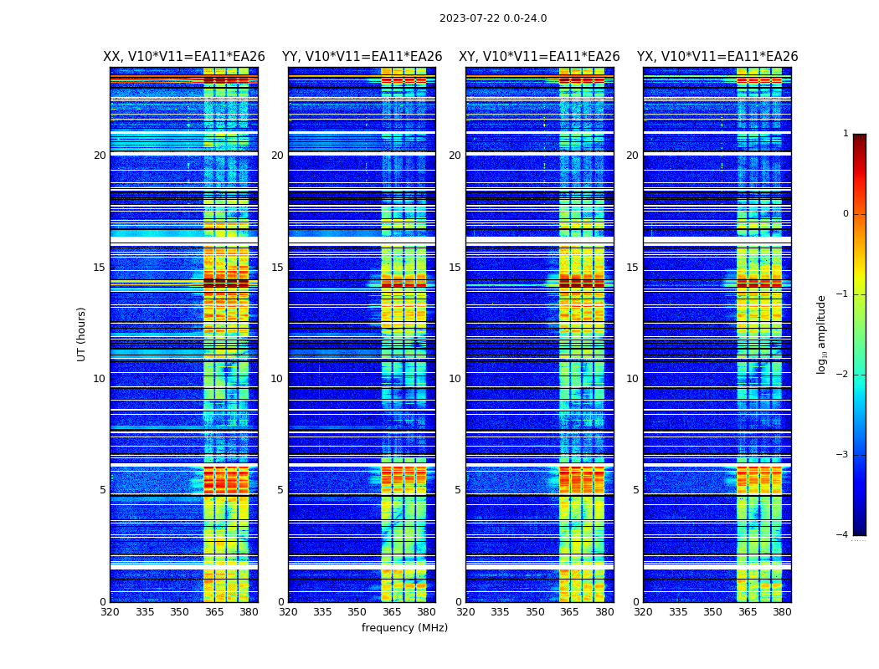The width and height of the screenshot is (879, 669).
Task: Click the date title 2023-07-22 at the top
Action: [493, 18]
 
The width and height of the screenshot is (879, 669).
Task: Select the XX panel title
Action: [184, 57]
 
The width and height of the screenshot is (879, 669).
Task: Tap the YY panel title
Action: [362, 57]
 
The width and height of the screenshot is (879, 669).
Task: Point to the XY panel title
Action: [539, 57]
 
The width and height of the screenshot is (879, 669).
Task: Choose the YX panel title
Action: [717, 57]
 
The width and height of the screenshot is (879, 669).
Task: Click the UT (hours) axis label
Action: [82, 334]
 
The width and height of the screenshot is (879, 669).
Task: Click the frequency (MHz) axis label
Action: [404, 628]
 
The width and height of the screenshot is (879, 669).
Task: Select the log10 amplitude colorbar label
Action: [822, 334]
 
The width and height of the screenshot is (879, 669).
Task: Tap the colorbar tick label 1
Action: [846, 134]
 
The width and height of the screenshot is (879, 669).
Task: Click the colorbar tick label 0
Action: [846, 214]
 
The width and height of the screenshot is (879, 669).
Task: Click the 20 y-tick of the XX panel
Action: [100, 156]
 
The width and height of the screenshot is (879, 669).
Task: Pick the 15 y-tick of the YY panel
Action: [277, 268]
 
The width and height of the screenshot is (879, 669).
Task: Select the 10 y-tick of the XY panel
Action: [455, 379]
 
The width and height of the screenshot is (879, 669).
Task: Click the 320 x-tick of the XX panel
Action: [110, 612]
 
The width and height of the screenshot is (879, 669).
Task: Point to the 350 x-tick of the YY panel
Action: [357, 612]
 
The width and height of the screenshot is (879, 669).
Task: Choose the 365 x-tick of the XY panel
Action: [570, 612]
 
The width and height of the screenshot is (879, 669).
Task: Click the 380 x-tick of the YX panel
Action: [782, 612]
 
